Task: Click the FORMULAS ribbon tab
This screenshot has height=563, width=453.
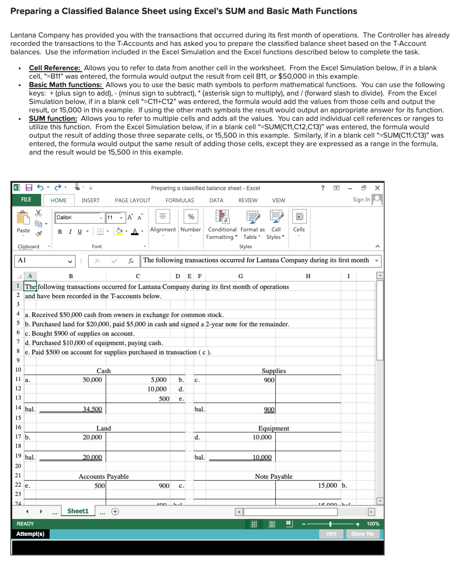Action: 180,200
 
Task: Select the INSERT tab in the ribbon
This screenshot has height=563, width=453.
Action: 90,200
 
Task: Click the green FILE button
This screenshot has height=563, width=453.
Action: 26,200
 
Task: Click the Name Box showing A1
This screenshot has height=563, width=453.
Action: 42,260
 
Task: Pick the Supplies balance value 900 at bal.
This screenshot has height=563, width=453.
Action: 268,409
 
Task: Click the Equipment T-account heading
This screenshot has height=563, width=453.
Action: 273,428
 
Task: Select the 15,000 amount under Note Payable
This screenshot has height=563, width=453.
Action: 328,486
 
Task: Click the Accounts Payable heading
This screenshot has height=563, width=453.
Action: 103,476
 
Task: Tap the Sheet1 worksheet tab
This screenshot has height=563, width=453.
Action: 78,511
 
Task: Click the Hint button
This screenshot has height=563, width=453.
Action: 331,534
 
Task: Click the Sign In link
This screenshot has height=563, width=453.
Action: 361,200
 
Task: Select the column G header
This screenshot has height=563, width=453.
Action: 241,276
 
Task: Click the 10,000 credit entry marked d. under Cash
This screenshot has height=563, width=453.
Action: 157,389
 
